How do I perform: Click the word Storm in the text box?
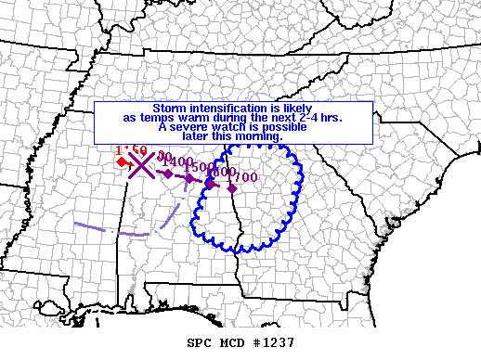169,108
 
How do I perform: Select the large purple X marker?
141,165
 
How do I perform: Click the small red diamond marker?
122,162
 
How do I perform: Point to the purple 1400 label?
176,163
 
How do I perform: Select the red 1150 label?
131,150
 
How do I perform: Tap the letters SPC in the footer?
200,341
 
